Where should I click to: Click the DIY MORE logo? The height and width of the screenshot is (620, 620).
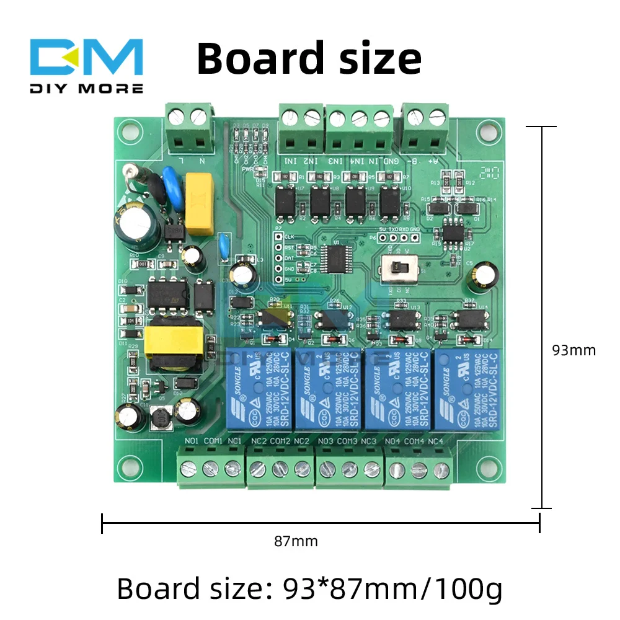pyautogui.click(x=87, y=66)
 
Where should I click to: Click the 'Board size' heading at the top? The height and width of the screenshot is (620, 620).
pyautogui.click(x=309, y=59)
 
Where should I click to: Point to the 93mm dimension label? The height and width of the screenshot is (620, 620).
pyautogui.click(x=573, y=350)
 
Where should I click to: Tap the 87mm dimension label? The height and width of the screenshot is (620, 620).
pyautogui.click(x=296, y=541)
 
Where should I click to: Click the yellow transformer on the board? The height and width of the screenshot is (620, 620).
pyautogui.click(x=174, y=345)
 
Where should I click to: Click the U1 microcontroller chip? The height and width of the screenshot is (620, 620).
pyautogui.click(x=339, y=255)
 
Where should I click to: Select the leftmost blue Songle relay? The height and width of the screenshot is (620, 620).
pyautogui.click(x=252, y=389)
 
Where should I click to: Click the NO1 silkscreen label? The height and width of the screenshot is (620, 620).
pyautogui.click(x=192, y=441)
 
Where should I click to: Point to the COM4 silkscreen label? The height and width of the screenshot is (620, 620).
pyautogui.click(x=414, y=441)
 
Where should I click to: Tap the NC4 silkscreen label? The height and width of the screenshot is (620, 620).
pyautogui.click(x=436, y=441)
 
